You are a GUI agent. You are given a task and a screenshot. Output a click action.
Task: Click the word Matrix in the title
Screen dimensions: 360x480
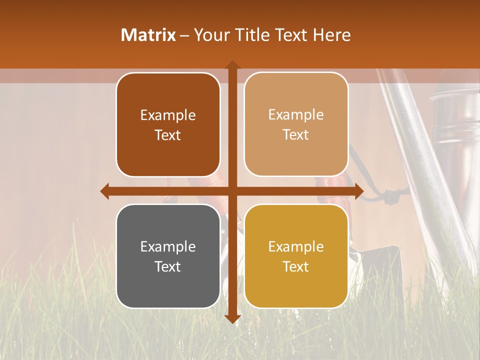[148, 35]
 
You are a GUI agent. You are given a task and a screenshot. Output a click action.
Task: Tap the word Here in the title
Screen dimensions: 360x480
[331, 35]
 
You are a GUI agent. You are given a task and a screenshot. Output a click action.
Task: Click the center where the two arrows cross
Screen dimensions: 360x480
[232, 191]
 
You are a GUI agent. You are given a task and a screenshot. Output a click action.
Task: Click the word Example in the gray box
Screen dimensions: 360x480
[168, 247]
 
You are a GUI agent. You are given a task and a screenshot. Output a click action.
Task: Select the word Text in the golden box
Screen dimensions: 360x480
[296, 267]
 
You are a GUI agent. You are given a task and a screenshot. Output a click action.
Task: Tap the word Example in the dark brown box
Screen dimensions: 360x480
[168, 115]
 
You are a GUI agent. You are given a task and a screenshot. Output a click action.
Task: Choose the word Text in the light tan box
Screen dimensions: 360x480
[296, 135]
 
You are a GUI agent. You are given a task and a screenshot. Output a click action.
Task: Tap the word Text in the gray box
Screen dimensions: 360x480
[168, 267]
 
